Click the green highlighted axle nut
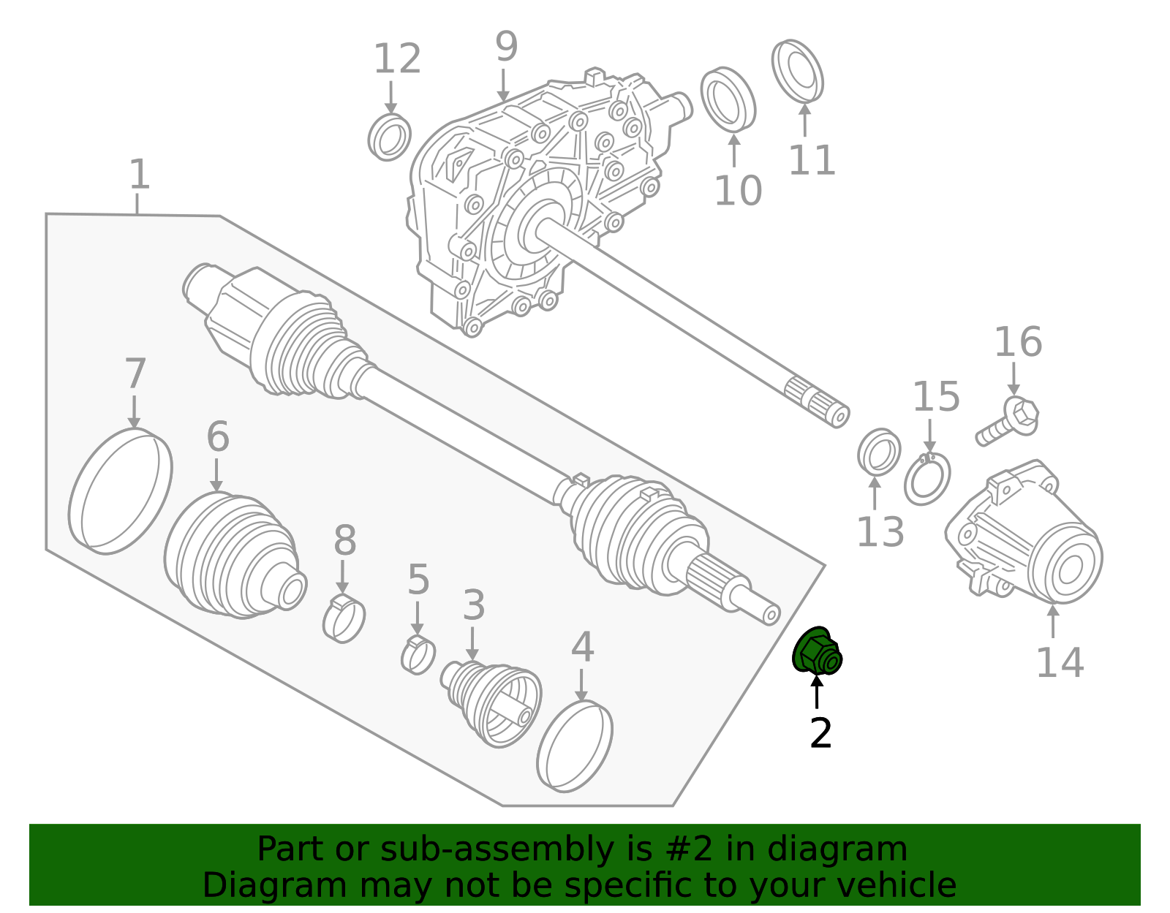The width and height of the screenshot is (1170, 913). [817, 652]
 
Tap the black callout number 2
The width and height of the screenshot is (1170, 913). [820, 733]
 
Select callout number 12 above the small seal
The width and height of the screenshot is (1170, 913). [397, 59]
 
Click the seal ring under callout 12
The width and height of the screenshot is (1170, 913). [389, 137]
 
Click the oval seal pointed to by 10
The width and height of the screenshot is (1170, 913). [728, 100]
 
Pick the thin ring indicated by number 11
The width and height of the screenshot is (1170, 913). [797, 71]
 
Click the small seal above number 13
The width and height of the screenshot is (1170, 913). [879, 452]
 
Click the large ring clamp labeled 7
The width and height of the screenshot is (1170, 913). [121, 491]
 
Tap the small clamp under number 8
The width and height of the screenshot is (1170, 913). [344, 618]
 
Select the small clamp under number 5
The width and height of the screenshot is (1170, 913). [418, 655]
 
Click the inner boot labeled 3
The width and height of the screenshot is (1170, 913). [492, 702]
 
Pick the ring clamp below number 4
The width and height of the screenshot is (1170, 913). [575, 746]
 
